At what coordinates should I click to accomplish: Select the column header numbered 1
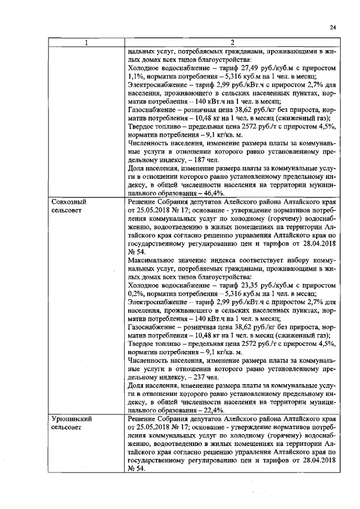pos(86,43)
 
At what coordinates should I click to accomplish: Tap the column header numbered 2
pos(232,43)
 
